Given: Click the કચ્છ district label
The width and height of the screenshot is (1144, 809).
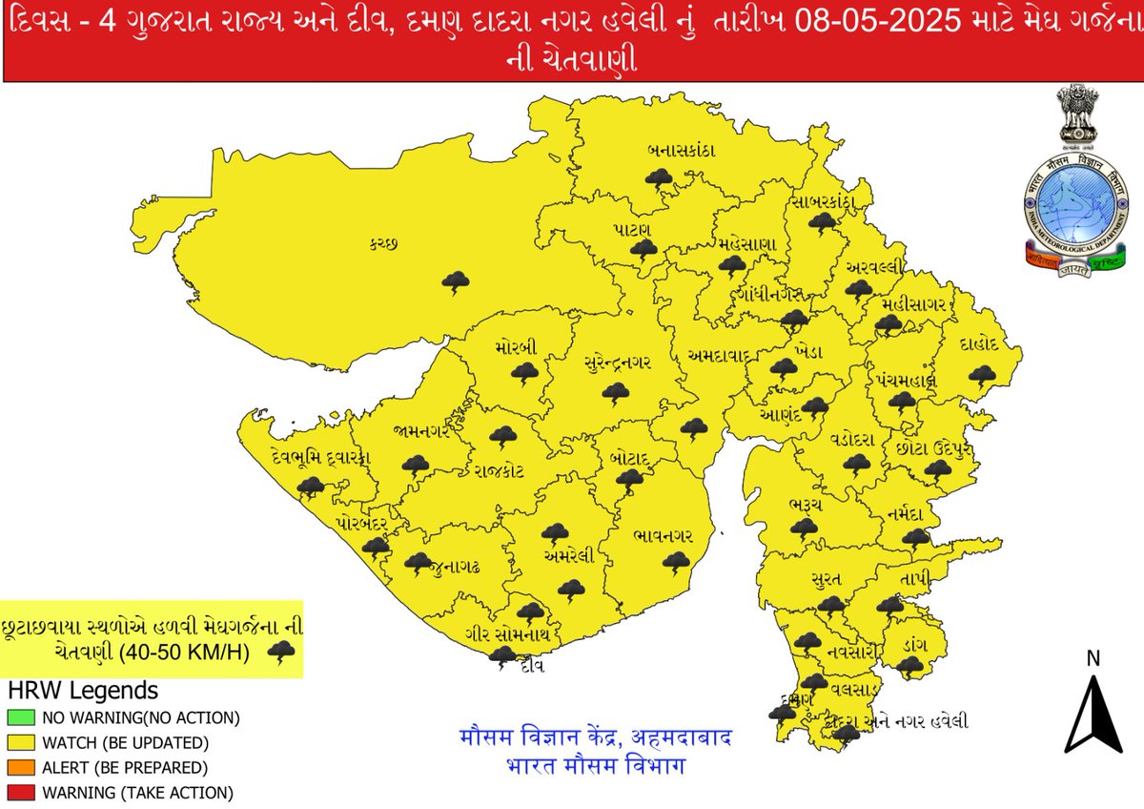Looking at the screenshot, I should [x=384, y=245].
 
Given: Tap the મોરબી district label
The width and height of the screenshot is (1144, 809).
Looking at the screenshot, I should [x=516, y=348].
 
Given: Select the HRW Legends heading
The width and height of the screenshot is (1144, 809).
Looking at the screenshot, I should [x=83, y=690].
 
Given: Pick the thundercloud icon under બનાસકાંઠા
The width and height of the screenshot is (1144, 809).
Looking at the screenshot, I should [x=658, y=177].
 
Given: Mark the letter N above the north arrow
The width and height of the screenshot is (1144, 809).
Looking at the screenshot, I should [x=1093, y=658].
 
